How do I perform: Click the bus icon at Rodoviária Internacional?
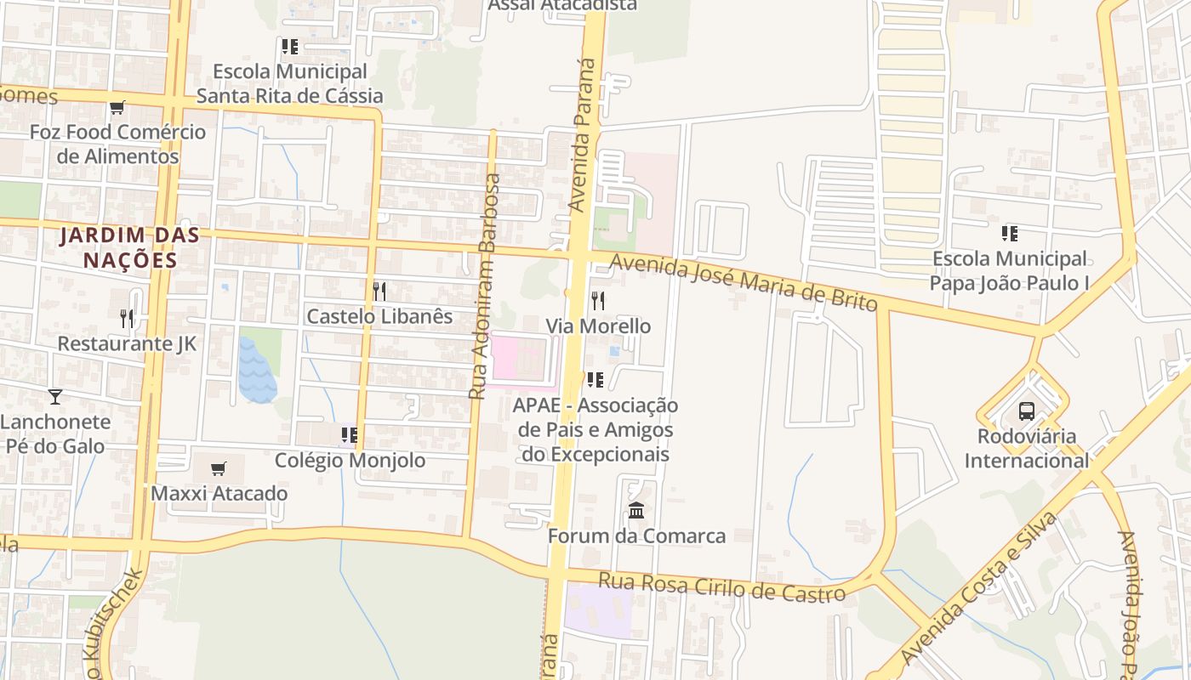coord(1027,411)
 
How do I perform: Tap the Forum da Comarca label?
coord(636,536)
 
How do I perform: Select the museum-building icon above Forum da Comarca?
coord(636,510)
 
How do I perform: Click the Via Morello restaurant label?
coord(598,326)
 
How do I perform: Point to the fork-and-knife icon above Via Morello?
coord(598,300)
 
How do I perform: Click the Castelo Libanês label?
coord(379,316)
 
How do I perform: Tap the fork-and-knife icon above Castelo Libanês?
coord(379,292)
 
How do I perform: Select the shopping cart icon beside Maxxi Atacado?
coord(219,468)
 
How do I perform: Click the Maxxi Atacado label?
coord(219,493)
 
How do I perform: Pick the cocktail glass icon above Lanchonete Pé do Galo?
coord(55,396)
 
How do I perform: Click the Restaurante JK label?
coord(127,343)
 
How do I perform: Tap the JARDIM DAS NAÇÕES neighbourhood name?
coord(129,247)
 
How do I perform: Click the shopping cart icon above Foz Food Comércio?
coord(117,108)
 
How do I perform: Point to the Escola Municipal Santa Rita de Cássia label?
coord(290,83)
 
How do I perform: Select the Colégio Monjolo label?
coord(350,461)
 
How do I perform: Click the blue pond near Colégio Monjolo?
coord(257,371)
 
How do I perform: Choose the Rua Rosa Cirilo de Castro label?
coord(722,587)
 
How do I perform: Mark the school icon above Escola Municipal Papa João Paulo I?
coord(1010,234)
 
